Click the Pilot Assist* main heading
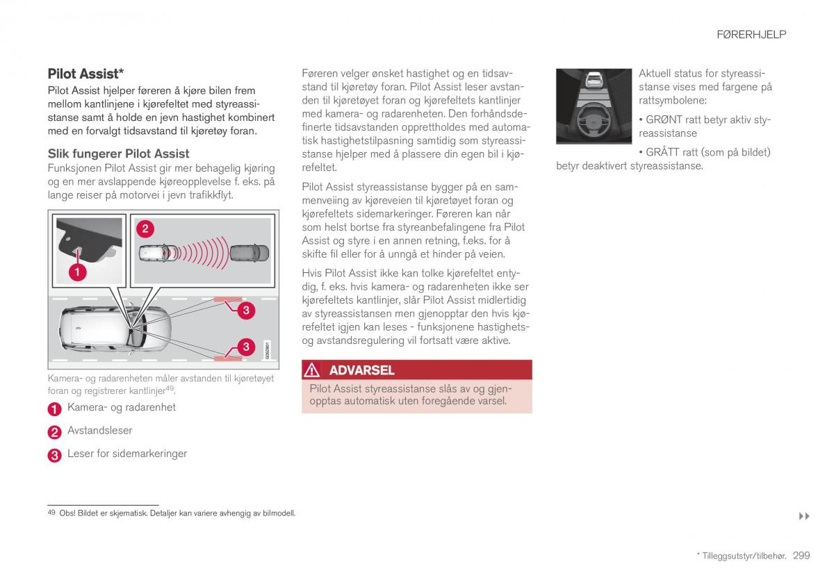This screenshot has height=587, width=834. coord(85,73)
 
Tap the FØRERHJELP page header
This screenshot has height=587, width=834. coord(751,34)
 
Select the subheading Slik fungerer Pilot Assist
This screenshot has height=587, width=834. coord(118,154)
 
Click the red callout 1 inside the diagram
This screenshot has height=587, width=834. coord(77,272)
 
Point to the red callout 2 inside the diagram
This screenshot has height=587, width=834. coord(145,229)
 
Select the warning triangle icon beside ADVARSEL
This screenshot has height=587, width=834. coord(313,370)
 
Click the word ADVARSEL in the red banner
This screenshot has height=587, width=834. coord(361,370)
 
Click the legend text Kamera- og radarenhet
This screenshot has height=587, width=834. coord(121,407)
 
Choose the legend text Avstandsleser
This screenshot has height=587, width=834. coord(99,431)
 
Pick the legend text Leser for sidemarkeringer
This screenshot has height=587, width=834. coord(127,454)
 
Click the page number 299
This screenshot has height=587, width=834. coord(801,555)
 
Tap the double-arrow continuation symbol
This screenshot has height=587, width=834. coord(804,516)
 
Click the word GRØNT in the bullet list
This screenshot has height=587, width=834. coord(664,119)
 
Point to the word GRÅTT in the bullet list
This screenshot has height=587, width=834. coord(664,152)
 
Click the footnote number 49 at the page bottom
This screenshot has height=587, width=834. coord(51,513)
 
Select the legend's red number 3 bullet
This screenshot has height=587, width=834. coord(55,455)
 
